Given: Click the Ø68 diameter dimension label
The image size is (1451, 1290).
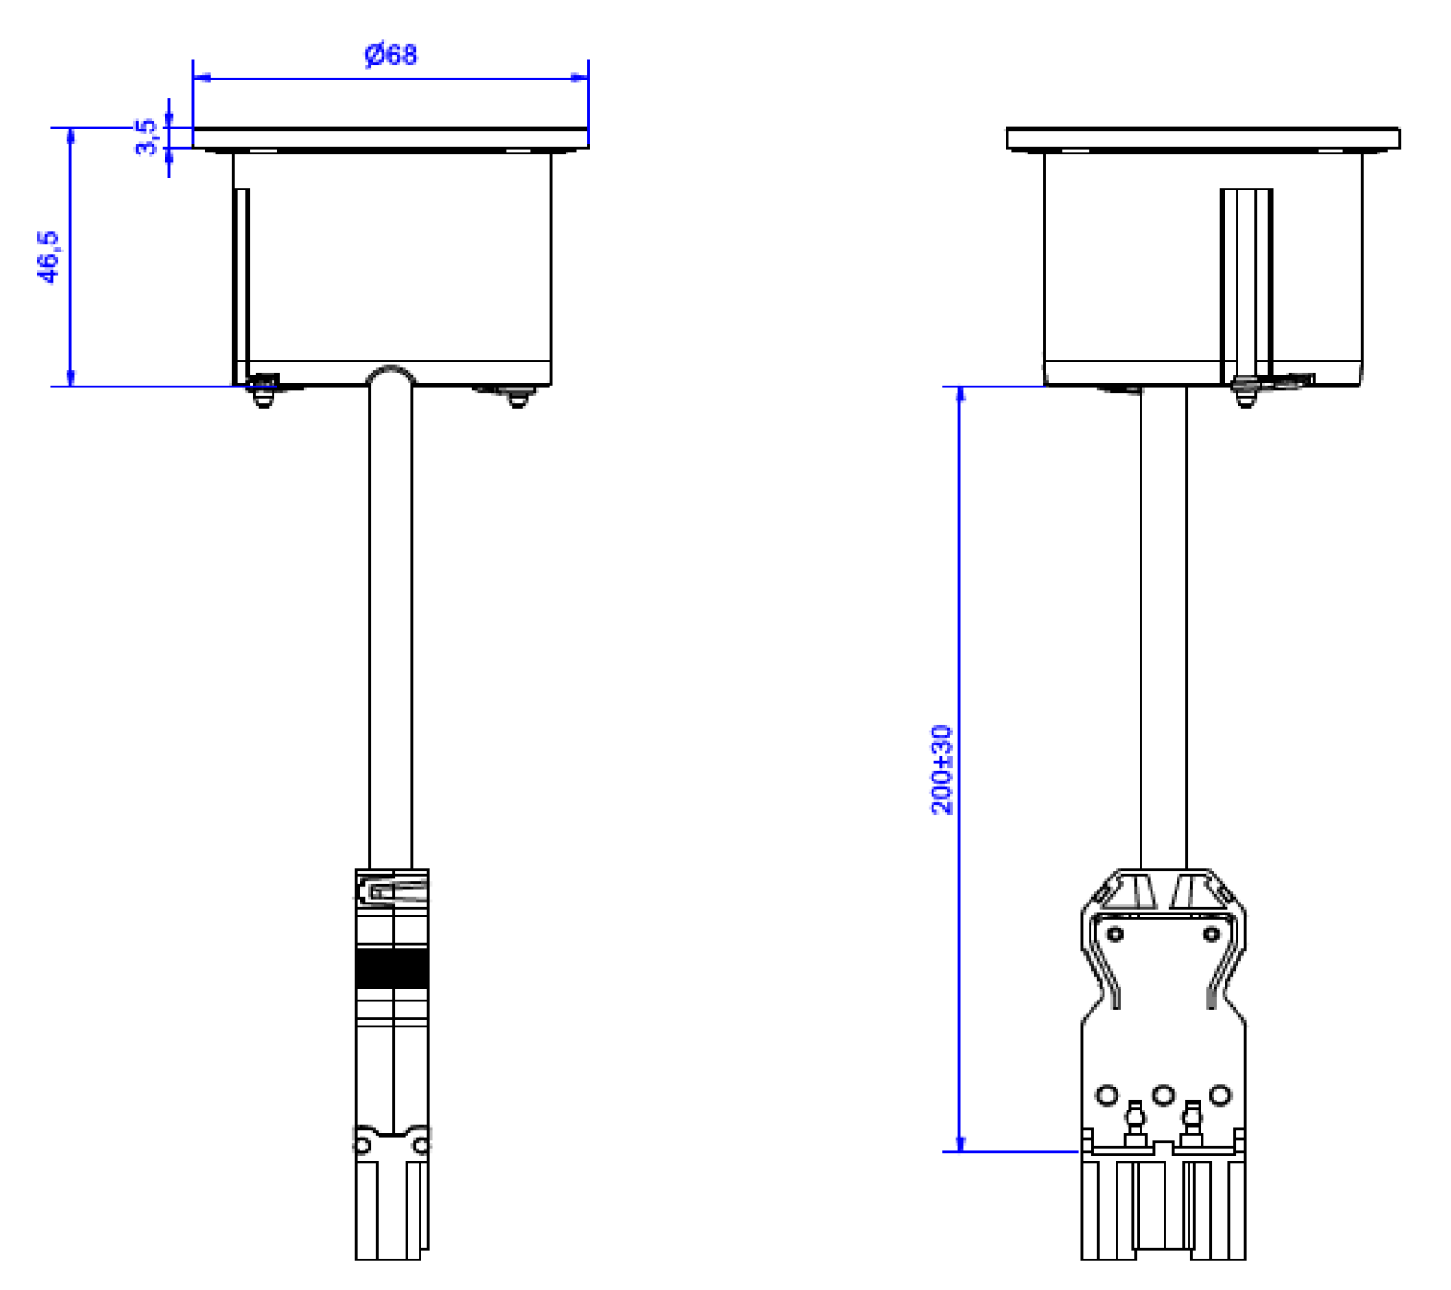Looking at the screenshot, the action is point(391,55).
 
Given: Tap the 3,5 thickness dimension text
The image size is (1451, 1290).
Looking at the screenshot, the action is point(146,137).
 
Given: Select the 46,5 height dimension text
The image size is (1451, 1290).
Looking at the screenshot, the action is point(48,256).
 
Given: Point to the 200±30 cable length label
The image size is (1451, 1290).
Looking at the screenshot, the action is point(941,769).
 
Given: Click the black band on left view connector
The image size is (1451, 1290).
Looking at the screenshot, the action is point(392,969).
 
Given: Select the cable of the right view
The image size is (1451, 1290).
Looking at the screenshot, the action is point(1164,629).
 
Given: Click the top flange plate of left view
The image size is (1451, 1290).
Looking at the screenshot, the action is point(390,138).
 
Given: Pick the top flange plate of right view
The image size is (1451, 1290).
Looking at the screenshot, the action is point(1203,138).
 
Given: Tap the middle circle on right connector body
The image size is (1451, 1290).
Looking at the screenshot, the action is point(1164,1095).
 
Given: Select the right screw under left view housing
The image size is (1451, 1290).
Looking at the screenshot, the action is point(518,397).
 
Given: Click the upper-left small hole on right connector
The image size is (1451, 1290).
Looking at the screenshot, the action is point(1115,934).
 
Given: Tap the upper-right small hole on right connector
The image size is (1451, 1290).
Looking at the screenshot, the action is point(1212,934).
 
